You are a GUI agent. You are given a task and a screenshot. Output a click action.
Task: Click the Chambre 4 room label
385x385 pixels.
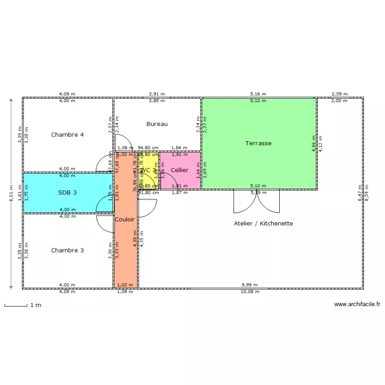pyautogui.click(x=67, y=135)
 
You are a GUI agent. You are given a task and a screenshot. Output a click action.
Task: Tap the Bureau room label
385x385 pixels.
pyautogui.click(x=157, y=124)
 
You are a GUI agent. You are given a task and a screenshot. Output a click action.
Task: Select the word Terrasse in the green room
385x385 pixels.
pyautogui.click(x=258, y=143)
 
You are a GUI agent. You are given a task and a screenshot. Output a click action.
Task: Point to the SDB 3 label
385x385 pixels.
pyautogui.click(x=67, y=192)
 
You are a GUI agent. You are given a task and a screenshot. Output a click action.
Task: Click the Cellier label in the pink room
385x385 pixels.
pyautogui.click(x=180, y=170)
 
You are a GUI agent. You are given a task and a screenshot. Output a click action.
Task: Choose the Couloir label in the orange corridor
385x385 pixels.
pyautogui.click(x=125, y=219)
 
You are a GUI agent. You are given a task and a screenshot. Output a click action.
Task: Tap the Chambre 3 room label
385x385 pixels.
pyautogui.click(x=67, y=251)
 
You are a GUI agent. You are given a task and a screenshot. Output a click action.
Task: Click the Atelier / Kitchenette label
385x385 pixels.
pyautogui.click(x=263, y=224)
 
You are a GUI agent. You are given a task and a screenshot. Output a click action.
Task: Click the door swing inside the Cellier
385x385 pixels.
pyautogui.click(x=167, y=180)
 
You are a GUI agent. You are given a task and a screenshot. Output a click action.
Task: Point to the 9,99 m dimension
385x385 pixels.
pyautogui.click(x=250, y=285)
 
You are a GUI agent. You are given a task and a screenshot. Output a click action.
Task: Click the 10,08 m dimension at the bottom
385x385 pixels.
pyautogui.click(x=250, y=292)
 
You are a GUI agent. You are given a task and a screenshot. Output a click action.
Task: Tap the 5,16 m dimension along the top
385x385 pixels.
pyautogui.click(x=258, y=94)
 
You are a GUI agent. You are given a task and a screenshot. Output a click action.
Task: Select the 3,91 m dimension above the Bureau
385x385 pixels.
pyautogui.click(x=157, y=94)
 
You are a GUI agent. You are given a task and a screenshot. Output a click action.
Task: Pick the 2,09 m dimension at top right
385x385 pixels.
pyautogui.click(x=339, y=94)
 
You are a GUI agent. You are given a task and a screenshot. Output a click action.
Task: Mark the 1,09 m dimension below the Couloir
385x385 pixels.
pyautogui.click(x=125, y=292)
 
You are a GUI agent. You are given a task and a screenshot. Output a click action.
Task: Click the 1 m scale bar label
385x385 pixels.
pyautogui.click(x=35, y=305)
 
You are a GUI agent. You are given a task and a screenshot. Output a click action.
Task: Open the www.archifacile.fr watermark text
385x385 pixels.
pyautogui.click(x=357, y=304)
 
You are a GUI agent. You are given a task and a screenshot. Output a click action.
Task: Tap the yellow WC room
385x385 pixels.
pyautogui.click(x=147, y=170)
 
